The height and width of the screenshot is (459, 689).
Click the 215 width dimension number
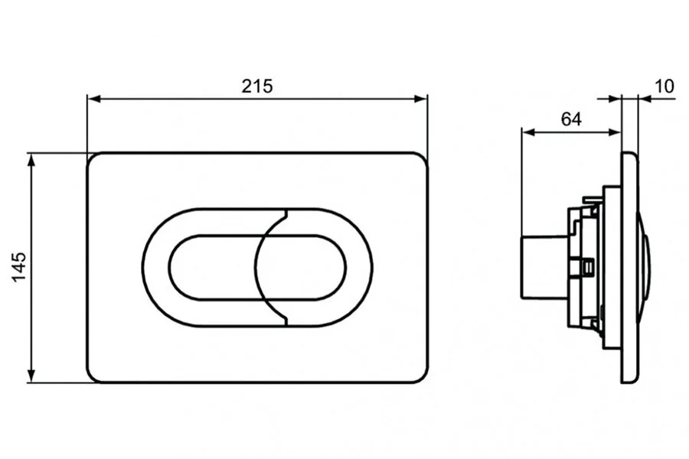tap(257, 86)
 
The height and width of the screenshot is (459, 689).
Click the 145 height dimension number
tap(19, 267)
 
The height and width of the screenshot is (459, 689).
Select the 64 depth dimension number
tap(571, 119)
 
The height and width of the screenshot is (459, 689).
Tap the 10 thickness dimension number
tap(664, 86)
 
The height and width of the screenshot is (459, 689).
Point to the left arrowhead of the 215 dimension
tap(94, 99)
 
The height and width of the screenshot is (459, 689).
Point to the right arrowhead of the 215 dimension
tap(420, 99)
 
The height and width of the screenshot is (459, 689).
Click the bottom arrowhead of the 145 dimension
tap(31, 376)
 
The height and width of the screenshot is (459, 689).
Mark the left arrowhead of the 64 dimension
tap(528, 132)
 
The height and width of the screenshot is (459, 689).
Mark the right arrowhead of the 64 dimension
tap(615, 132)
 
